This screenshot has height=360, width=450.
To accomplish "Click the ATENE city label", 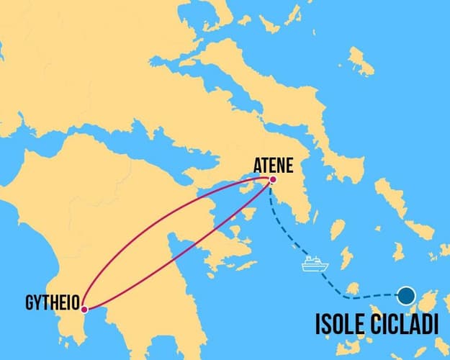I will coord(273,165).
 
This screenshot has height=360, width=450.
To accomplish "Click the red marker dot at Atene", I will coord(272,179).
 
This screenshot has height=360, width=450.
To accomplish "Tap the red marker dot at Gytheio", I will coord(84,310).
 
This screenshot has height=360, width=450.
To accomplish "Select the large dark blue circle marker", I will coord(406,294).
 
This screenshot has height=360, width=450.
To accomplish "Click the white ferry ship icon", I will coord(315,264).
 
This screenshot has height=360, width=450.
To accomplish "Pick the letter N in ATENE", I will coord(282,165).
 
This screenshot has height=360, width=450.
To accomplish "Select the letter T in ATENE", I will coord(264,165).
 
